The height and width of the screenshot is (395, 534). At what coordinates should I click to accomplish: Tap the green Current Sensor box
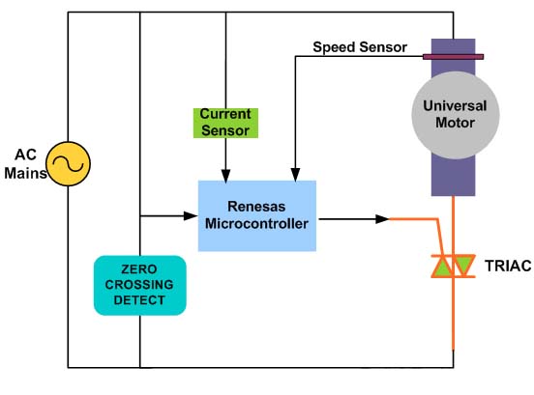coord(225,121)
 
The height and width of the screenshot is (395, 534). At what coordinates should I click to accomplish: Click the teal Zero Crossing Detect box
coord(139,285)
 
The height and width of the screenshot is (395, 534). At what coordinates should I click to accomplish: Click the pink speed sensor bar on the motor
coord(453,57)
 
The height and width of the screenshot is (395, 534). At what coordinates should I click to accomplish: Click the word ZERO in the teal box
coord(140,268)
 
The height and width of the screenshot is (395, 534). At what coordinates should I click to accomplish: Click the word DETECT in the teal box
coord(140,300)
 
